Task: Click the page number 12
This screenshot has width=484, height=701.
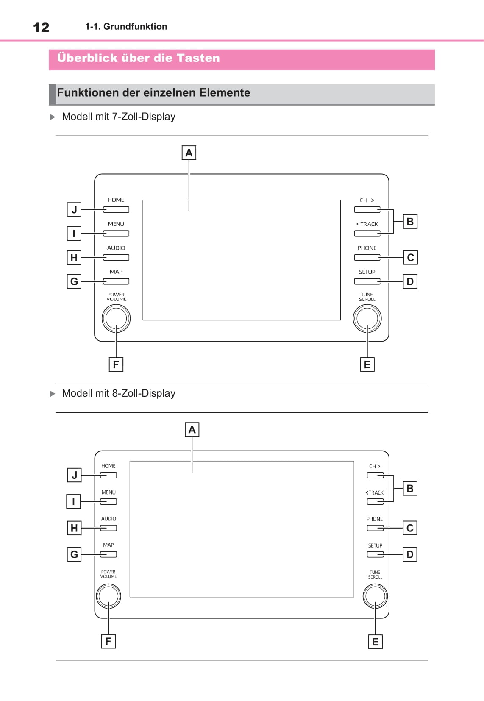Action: [41, 27]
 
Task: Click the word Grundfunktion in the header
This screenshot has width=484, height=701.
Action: [135, 27]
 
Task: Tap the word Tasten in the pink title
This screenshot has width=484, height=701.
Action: [198, 58]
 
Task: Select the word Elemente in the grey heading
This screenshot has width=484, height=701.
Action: [225, 93]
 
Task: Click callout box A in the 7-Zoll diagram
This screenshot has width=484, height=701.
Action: [189, 153]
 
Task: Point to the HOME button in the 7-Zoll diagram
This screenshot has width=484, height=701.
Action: [116, 209]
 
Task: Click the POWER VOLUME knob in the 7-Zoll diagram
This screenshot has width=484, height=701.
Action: [116, 319]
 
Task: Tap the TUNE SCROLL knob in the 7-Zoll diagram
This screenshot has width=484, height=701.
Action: [367, 319]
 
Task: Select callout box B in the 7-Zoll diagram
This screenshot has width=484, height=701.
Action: [410, 222]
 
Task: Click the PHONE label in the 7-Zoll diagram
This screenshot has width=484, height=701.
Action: [367, 248]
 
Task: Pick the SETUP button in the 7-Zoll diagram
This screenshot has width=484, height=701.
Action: [367, 281]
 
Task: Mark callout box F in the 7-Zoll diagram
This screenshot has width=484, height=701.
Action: [116, 364]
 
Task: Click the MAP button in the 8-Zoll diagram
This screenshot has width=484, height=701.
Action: [108, 554]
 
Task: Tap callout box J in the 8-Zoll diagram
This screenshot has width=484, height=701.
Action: [74, 475]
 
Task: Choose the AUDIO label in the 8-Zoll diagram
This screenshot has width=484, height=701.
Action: [108, 519]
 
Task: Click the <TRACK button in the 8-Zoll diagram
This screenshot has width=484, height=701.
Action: [375, 502]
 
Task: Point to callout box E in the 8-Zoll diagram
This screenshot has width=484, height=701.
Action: [375, 642]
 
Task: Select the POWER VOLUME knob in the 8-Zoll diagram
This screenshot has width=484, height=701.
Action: [108, 596]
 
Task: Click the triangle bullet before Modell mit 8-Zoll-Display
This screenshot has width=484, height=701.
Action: [52, 394]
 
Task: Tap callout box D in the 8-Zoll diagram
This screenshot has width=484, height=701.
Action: [410, 554]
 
